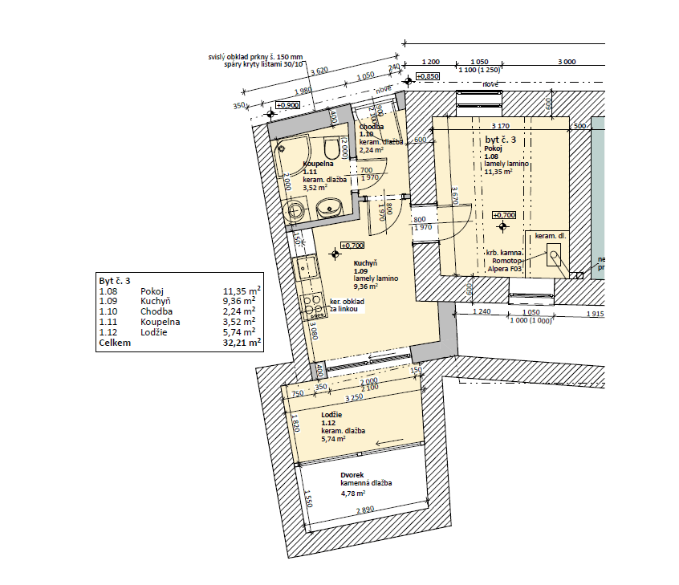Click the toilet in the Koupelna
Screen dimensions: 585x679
pos(330,149)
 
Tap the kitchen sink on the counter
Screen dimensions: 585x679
pos(304,268)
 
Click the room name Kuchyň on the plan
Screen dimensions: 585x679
pos(365,262)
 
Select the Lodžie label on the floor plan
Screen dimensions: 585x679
pos(331,414)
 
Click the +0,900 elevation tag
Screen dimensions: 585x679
pos(287,105)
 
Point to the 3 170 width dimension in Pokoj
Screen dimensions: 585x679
pos(500,126)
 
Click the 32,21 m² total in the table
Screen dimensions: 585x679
pos(242,342)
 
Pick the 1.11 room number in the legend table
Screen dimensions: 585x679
pos(106,322)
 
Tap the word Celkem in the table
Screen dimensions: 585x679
pos(114,342)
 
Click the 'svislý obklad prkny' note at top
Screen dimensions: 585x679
pos(255,57)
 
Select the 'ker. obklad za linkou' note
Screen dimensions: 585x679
pos(348,306)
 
